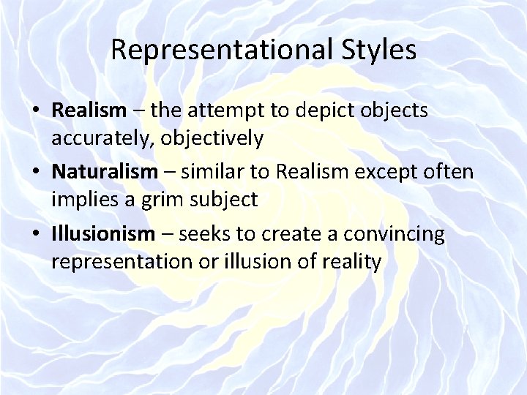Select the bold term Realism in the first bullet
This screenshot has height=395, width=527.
point(89,110)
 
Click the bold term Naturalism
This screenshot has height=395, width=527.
point(105,173)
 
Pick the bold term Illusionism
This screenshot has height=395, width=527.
point(103,235)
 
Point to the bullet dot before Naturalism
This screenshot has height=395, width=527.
point(36,173)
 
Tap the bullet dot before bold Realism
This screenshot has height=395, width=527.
point(36,111)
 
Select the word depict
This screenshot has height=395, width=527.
point(321,110)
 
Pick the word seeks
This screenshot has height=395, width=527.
point(203,235)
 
